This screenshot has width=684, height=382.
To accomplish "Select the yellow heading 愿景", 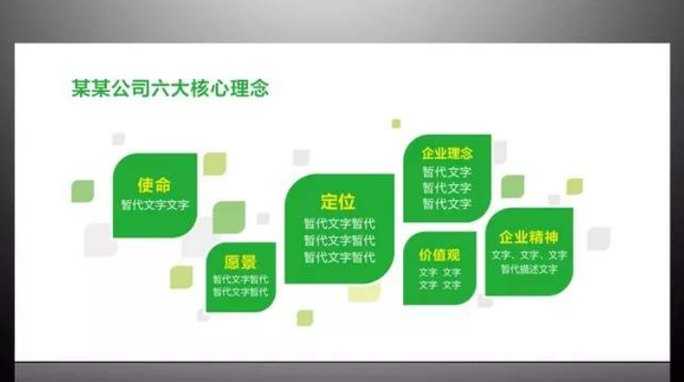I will [x=241, y=262].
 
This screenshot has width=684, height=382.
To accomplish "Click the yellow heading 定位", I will [x=338, y=202].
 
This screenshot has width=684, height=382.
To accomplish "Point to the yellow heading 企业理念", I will [x=447, y=153].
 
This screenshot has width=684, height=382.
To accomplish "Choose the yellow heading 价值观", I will [x=440, y=254].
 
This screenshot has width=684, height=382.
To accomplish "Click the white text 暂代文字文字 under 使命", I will [x=154, y=204].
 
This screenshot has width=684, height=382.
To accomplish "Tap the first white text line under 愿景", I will [x=241, y=279].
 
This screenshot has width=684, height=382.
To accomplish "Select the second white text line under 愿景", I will [x=241, y=292].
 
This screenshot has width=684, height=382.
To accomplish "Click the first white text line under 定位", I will [x=339, y=223].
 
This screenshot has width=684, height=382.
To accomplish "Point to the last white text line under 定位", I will [x=339, y=257].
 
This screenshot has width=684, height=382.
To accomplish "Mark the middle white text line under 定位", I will [x=339, y=241].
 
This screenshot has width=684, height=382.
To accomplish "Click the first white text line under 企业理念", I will [x=447, y=172].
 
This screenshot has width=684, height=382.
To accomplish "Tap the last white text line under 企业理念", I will [x=447, y=204].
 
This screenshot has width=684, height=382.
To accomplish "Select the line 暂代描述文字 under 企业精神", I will [x=529, y=269].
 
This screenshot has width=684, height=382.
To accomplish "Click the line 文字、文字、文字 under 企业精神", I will [x=529, y=254].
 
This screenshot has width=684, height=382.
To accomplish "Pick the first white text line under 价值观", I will [x=440, y=273].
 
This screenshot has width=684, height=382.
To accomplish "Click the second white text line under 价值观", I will [x=440, y=286].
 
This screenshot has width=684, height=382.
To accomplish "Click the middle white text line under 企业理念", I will [x=447, y=188].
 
